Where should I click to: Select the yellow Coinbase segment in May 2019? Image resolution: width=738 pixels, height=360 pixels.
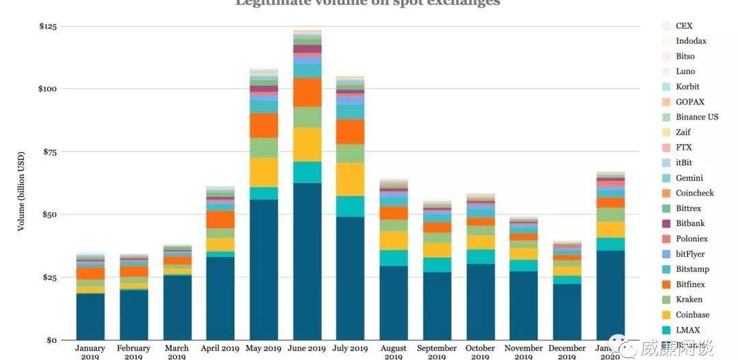tap(264, 172)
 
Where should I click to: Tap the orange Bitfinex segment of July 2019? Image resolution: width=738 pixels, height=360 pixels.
tap(351, 131)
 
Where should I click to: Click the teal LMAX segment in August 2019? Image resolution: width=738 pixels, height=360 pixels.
tap(394, 258)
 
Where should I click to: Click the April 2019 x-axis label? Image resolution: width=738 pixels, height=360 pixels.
tap(220, 348)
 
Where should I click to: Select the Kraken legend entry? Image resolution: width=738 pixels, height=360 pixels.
tap(689, 299)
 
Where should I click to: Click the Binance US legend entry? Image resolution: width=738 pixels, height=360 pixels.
tap(696, 117)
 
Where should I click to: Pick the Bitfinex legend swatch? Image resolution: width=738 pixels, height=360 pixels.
tap(666, 284)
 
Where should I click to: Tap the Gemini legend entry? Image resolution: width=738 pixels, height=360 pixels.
tap(689, 178)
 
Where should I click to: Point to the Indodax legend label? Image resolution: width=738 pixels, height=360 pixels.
tap(691, 41)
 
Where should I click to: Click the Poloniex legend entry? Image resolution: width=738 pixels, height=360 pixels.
tap(691, 238)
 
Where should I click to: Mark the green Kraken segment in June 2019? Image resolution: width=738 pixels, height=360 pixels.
tap(307, 117)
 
